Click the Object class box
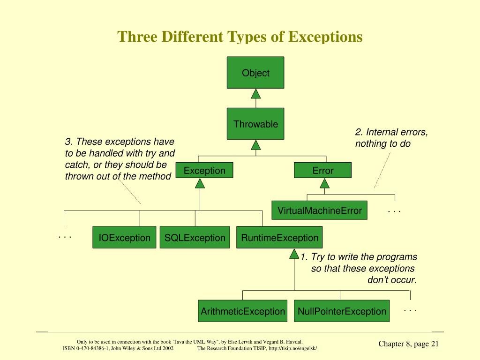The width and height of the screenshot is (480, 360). pos(255,73)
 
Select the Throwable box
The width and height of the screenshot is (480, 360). pos(255,124)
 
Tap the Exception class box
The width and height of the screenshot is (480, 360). pos(204,170)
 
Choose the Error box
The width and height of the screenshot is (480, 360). pos(322,170)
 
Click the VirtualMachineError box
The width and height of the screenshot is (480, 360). pos(319,210)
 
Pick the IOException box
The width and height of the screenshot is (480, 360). pos(124,238)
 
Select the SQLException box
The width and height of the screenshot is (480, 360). pos(195,238)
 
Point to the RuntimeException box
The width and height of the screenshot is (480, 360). pos(279,238)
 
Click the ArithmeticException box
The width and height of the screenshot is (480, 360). pos(243,311)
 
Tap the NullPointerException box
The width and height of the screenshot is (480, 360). pos(342,311)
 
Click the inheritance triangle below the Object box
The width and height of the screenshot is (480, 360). pos(255,94)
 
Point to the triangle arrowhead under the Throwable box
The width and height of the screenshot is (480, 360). pos(255,145)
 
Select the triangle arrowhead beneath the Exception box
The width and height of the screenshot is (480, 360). pos(200,183)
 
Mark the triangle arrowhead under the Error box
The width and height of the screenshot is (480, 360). pos(323,183)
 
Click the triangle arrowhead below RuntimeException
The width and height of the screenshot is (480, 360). pos(294,254)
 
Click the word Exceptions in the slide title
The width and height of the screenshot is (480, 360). pos(325,37)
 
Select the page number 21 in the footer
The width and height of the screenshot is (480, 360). pos(434,344)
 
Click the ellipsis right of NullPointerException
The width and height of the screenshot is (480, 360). pos(410,310)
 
